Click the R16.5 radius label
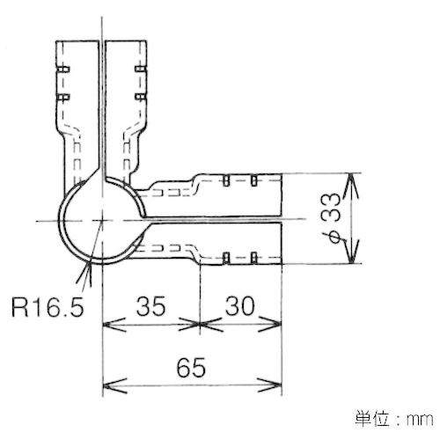coord(48,307)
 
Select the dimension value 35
coord(150,306)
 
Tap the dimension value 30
coord(239,306)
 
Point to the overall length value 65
coord(191,367)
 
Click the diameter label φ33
coord(331,217)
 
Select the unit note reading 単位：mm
coord(394,418)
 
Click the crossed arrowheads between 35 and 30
coord(200,325)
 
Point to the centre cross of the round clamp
coord(102,220)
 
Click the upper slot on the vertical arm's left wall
coord(62,70)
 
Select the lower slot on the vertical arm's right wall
coord(141,97)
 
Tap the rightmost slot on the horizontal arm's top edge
coord(254,180)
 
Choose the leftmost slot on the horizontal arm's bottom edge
coord(225,258)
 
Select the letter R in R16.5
coord(18,307)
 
